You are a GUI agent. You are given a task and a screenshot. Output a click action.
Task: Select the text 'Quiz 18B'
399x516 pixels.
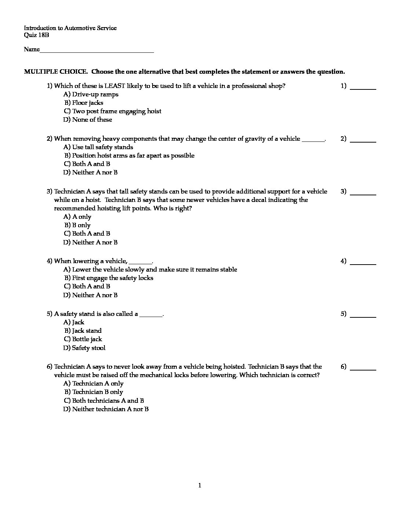coord(36,35)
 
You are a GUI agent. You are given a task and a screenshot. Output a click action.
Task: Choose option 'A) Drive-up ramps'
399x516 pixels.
coord(91,95)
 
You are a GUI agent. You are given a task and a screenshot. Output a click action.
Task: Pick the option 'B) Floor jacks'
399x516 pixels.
coord(84,103)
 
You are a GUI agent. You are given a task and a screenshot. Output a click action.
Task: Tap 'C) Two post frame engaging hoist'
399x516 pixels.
coord(113,111)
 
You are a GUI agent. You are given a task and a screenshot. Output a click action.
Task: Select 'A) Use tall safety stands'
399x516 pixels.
coord(98,147)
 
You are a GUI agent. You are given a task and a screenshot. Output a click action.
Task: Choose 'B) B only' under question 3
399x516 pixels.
coord(77,225)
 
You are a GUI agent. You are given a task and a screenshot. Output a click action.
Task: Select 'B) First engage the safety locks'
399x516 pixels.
coord(109,278)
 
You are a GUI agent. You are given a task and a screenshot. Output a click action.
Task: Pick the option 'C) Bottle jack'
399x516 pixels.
coord(83,339)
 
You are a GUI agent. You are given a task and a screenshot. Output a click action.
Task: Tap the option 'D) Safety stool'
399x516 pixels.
coord(84,348)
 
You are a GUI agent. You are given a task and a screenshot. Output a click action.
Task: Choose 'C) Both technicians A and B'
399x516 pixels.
coord(104,401)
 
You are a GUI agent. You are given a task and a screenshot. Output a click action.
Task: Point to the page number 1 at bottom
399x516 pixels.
coord(199,486)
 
